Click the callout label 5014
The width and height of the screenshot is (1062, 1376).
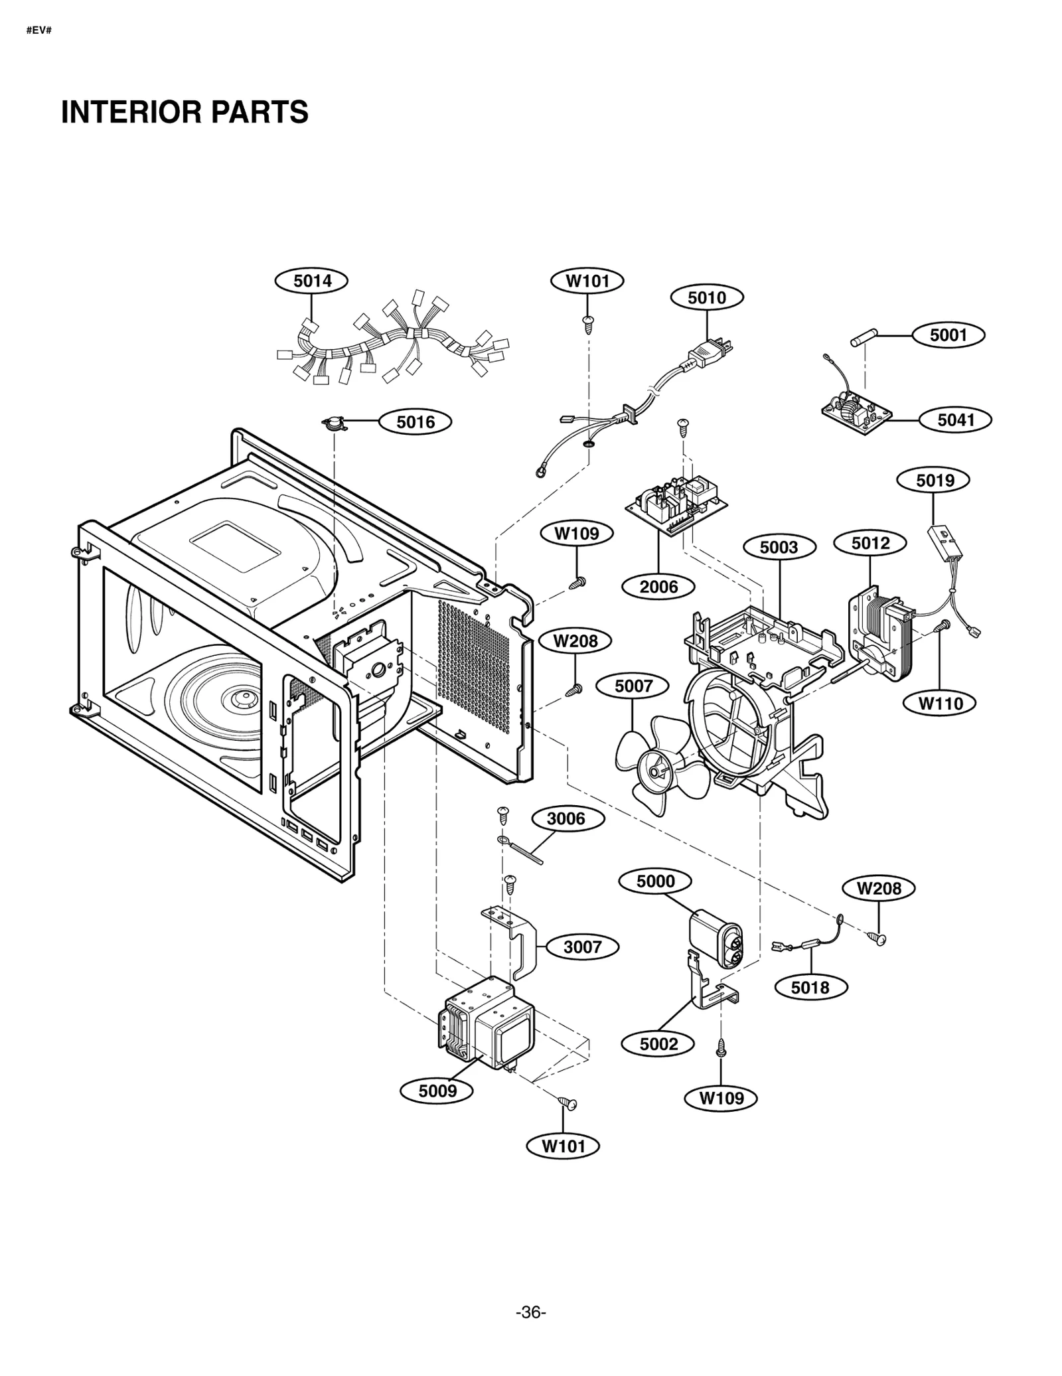pyautogui.click(x=312, y=281)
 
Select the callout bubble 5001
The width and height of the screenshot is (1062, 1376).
pyautogui.click(x=948, y=335)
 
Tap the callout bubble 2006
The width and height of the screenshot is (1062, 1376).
pyautogui.click(x=658, y=587)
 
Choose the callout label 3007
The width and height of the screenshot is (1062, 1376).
pyautogui.click(x=582, y=947)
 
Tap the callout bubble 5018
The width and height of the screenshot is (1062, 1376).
pyautogui.click(x=810, y=988)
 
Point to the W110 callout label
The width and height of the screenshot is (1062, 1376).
pyautogui.click(x=941, y=703)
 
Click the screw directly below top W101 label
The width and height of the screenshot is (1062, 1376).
pyautogui.click(x=587, y=323)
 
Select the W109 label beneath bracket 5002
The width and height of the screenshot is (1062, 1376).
pyautogui.click(x=721, y=1098)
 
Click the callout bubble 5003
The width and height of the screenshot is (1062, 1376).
pyautogui.click(x=779, y=548)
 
